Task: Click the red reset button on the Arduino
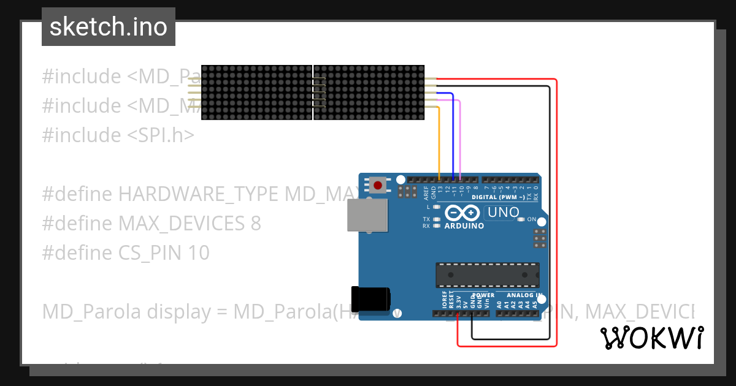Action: pyautogui.click(x=378, y=184)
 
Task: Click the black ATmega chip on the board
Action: pyautogui.click(x=488, y=275)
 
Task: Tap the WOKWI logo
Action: pyautogui.click(x=651, y=338)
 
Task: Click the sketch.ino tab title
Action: pyautogui.click(x=109, y=27)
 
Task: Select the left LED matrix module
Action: pyautogui.click(x=257, y=93)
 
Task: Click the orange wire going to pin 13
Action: pyautogui.click(x=440, y=141)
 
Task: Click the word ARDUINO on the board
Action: pyautogui.click(x=464, y=225)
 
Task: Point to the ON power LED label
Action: pyautogui.click(x=532, y=219)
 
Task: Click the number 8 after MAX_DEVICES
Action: pyautogui.click(x=256, y=224)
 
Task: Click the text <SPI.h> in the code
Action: pyautogui.click(x=161, y=135)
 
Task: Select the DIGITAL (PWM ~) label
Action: pyautogui.click(x=499, y=197)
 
